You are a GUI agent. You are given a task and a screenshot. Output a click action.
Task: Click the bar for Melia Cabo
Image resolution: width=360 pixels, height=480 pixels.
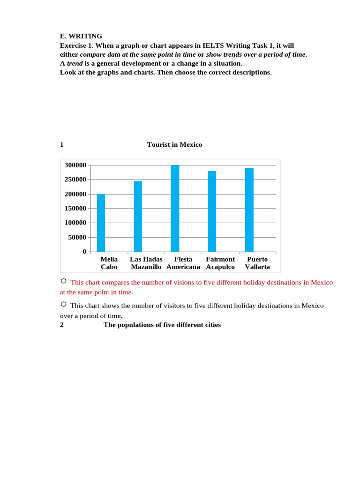click(101, 223)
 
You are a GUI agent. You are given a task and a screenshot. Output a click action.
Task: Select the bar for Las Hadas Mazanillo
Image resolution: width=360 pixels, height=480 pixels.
click(138, 217)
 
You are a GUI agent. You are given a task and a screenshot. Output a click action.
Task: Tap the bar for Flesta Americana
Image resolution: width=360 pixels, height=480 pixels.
click(175, 209)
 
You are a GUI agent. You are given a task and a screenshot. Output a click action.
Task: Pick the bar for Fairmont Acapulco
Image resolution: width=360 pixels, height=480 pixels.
click(212, 211)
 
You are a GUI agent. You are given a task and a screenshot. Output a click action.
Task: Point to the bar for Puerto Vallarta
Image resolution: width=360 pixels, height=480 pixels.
click(249, 210)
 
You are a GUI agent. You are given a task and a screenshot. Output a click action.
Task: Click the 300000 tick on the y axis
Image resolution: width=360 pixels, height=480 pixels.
click(75, 165)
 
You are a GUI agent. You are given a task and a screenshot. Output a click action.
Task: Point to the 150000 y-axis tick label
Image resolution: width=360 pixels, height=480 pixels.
click(75, 209)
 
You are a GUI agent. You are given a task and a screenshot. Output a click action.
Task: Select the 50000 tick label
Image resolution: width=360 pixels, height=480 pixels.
click(76, 238)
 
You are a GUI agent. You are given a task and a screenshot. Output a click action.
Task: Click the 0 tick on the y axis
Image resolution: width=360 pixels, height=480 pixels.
click(84, 252)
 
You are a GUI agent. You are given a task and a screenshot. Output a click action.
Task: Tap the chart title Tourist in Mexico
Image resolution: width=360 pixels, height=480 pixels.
click(174, 145)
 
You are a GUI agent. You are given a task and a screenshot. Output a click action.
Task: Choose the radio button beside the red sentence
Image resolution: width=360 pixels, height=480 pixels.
click(63, 281)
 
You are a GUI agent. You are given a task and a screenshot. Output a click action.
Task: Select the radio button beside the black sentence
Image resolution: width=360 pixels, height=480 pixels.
click(63, 305)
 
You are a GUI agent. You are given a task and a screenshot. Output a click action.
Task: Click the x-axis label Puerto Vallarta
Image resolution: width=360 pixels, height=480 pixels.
click(257, 263)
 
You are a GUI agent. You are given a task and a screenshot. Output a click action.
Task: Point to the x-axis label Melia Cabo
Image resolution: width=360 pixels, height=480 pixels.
click(109, 263)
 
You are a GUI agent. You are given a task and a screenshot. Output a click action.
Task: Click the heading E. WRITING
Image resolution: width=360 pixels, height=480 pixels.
click(81, 36)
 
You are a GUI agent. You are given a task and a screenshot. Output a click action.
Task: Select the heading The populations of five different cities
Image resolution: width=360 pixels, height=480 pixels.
click(162, 325)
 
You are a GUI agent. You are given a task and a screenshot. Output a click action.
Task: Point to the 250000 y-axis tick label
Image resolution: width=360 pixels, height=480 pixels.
click(75, 180)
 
